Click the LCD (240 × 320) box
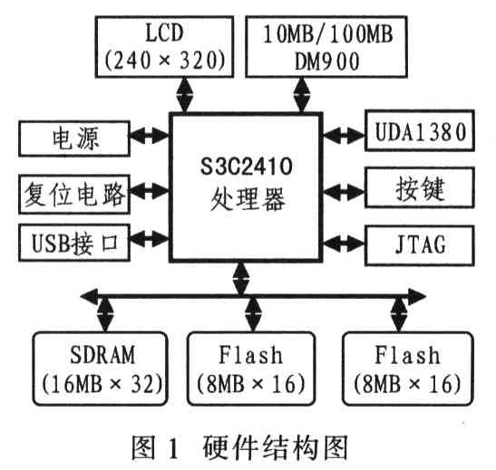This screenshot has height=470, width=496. click(164, 46)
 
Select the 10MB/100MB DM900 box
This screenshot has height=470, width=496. click(326, 46)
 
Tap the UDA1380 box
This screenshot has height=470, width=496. click(420, 130)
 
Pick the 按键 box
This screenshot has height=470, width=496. click(420, 187)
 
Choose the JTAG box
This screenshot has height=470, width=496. click(420, 245)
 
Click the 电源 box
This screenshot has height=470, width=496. click(74, 139)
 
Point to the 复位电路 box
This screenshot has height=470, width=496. click(74, 194)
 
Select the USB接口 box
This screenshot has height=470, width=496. click(74, 243)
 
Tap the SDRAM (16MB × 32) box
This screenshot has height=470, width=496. click(101, 369)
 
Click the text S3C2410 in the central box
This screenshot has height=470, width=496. click(246, 166)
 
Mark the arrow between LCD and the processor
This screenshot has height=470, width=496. click(184, 95)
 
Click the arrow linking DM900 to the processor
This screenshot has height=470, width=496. click(302, 95)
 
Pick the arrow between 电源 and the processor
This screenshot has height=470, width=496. click(150, 136)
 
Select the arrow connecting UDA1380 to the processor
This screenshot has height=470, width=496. click(344, 136)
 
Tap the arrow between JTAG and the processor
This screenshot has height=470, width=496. click(344, 244)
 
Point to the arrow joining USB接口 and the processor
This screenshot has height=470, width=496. click(150, 239)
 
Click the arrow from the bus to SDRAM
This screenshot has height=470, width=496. click(105, 314)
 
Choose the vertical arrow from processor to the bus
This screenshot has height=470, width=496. click(240, 279)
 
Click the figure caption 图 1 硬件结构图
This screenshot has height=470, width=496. click(239, 447)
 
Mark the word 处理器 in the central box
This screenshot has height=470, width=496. click(248, 199)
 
